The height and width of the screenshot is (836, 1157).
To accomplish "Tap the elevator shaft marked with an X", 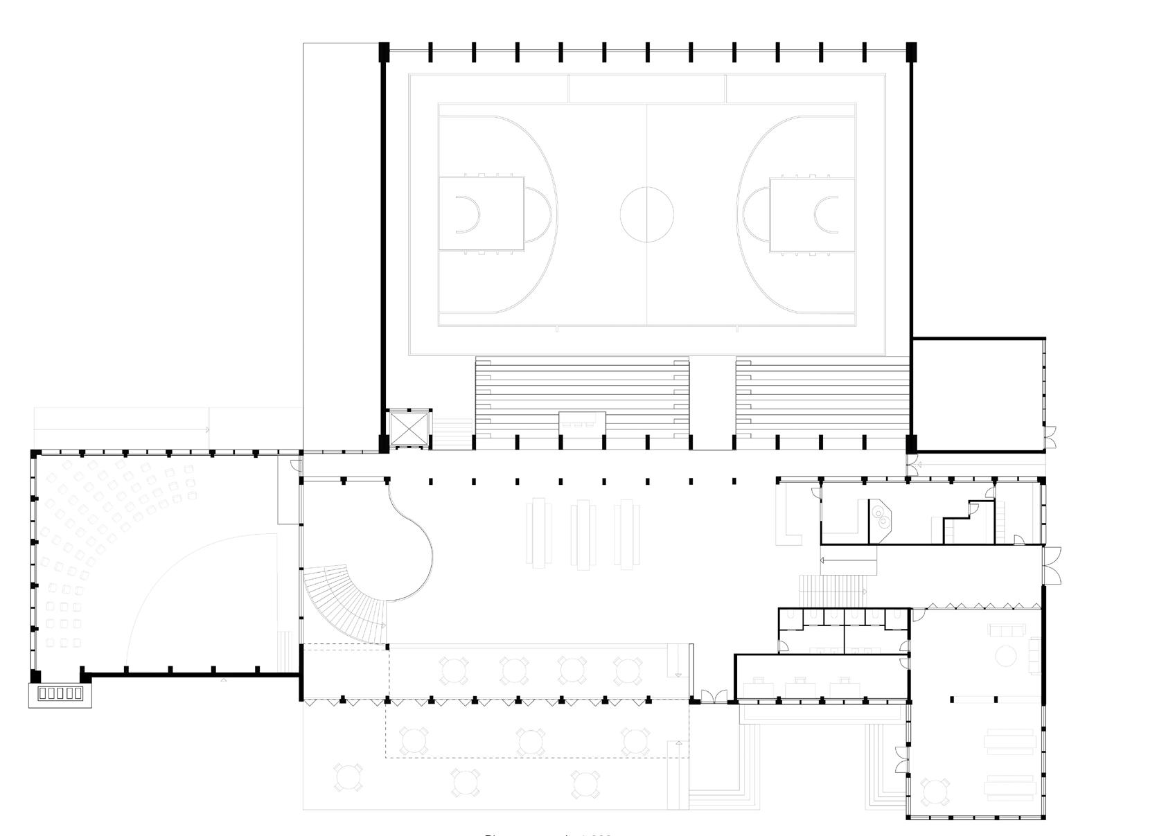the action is [409, 429].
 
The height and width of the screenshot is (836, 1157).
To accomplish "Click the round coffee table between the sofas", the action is [1005, 655].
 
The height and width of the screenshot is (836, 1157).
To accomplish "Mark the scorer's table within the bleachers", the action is [583, 420].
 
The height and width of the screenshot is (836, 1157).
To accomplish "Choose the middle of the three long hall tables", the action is [583, 534].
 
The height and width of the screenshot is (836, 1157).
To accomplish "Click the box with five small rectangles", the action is [60, 693].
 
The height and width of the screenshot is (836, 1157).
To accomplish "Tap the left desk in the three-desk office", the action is [756, 686].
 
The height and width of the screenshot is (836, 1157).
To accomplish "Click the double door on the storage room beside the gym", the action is [1050, 437].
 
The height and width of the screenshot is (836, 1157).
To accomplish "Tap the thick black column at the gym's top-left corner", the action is [384, 50].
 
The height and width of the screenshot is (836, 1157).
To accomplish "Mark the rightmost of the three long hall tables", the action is [627, 534].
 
